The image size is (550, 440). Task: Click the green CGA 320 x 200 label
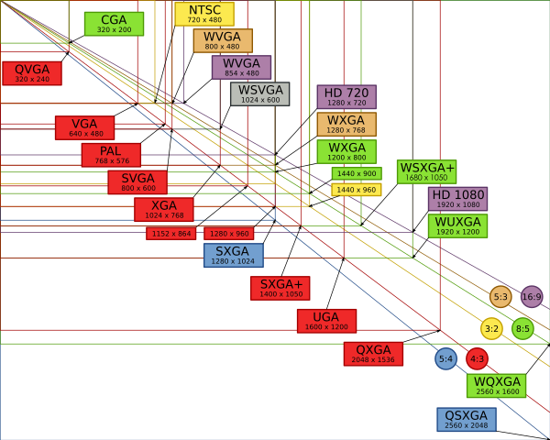pyautogui.click(x=114, y=24)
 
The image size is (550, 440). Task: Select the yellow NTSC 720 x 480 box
pyautogui.click(x=204, y=14)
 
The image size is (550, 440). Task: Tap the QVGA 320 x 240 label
pyautogui.click(x=32, y=73)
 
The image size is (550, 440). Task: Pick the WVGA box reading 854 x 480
pyautogui.click(x=241, y=67)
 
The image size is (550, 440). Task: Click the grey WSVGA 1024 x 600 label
pyautogui.click(x=260, y=93)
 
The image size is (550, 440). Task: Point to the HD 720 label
pyautogui.click(x=346, y=97)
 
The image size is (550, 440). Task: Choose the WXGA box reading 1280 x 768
pyautogui.click(x=346, y=125)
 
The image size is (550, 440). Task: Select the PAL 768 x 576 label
pyautogui.click(x=111, y=155)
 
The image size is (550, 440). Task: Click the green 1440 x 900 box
pyautogui.click(x=357, y=173)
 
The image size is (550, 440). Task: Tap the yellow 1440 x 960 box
pyautogui.click(x=357, y=190)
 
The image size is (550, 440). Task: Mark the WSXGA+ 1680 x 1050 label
pyautogui.click(x=426, y=171)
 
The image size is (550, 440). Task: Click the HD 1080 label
pyautogui.click(x=457, y=199)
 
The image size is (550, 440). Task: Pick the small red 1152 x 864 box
pyautogui.click(x=171, y=234)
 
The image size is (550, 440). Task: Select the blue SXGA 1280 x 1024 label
pyautogui.click(x=233, y=255)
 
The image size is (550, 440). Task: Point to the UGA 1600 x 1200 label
pyautogui.click(x=326, y=321)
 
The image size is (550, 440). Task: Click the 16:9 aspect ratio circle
pyautogui.click(x=532, y=296)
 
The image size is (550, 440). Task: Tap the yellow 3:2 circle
pyautogui.click(x=492, y=328)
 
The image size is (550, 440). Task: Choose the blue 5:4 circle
pyautogui.click(x=446, y=358)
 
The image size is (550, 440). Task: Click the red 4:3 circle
pyautogui.click(x=477, y=358)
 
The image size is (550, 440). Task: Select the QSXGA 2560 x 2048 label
pyautogui.click(x=466, y=420)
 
